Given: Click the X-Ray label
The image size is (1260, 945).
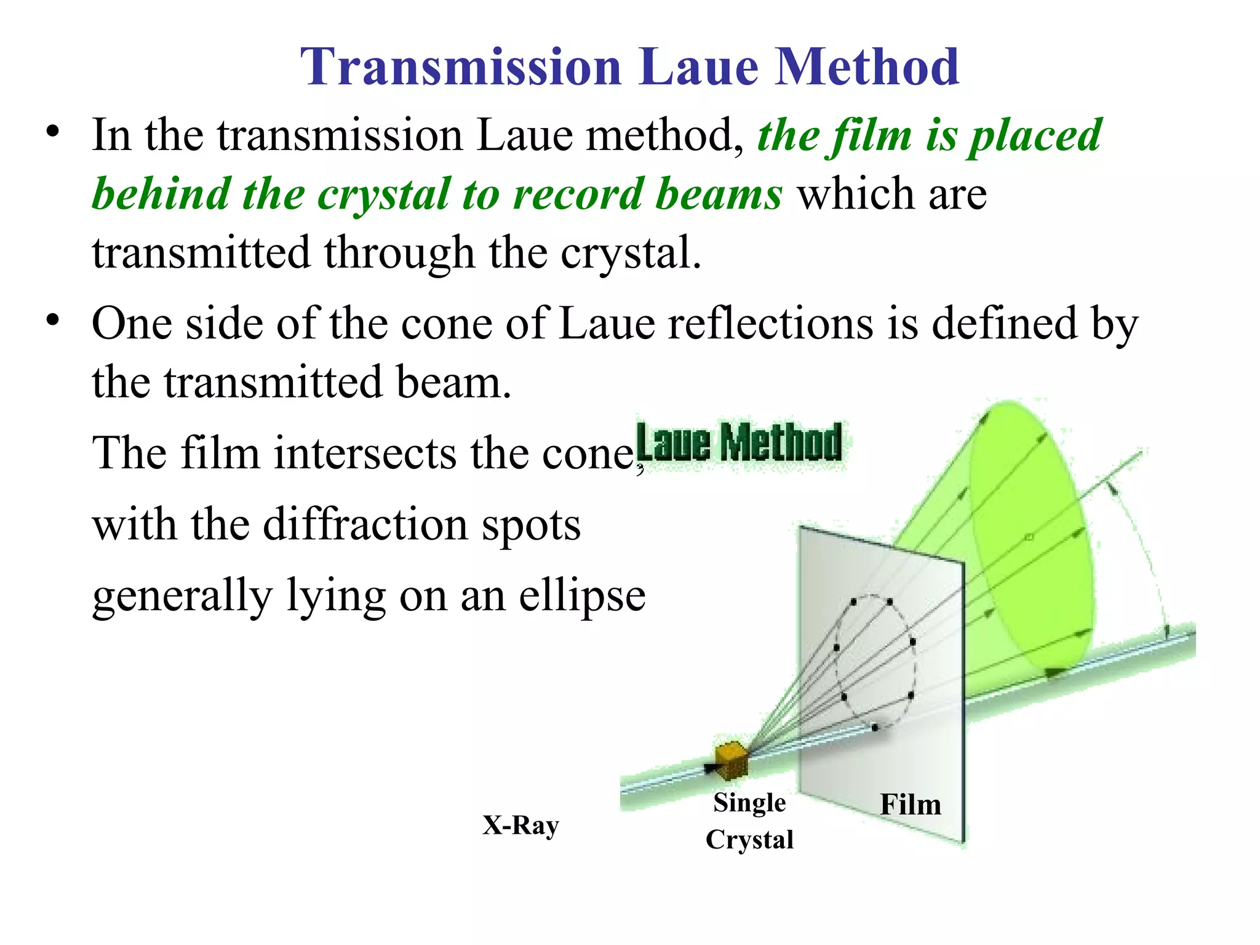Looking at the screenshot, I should click(x=520, y=826).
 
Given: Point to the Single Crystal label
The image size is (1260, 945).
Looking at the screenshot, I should click(x=749, y=821).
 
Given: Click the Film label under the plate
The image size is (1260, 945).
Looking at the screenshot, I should click(x=911, y=805).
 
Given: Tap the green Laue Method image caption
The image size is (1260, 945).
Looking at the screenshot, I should click(x=739, y=442).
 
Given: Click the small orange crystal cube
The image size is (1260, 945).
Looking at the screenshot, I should click(x=732, y=759).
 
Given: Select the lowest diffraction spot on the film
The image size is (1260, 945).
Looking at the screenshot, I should click(x=875, y=728).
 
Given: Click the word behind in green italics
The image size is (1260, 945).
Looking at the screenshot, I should click(x=161, y=194).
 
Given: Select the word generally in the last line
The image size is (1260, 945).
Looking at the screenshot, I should click(x=182, y=596).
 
